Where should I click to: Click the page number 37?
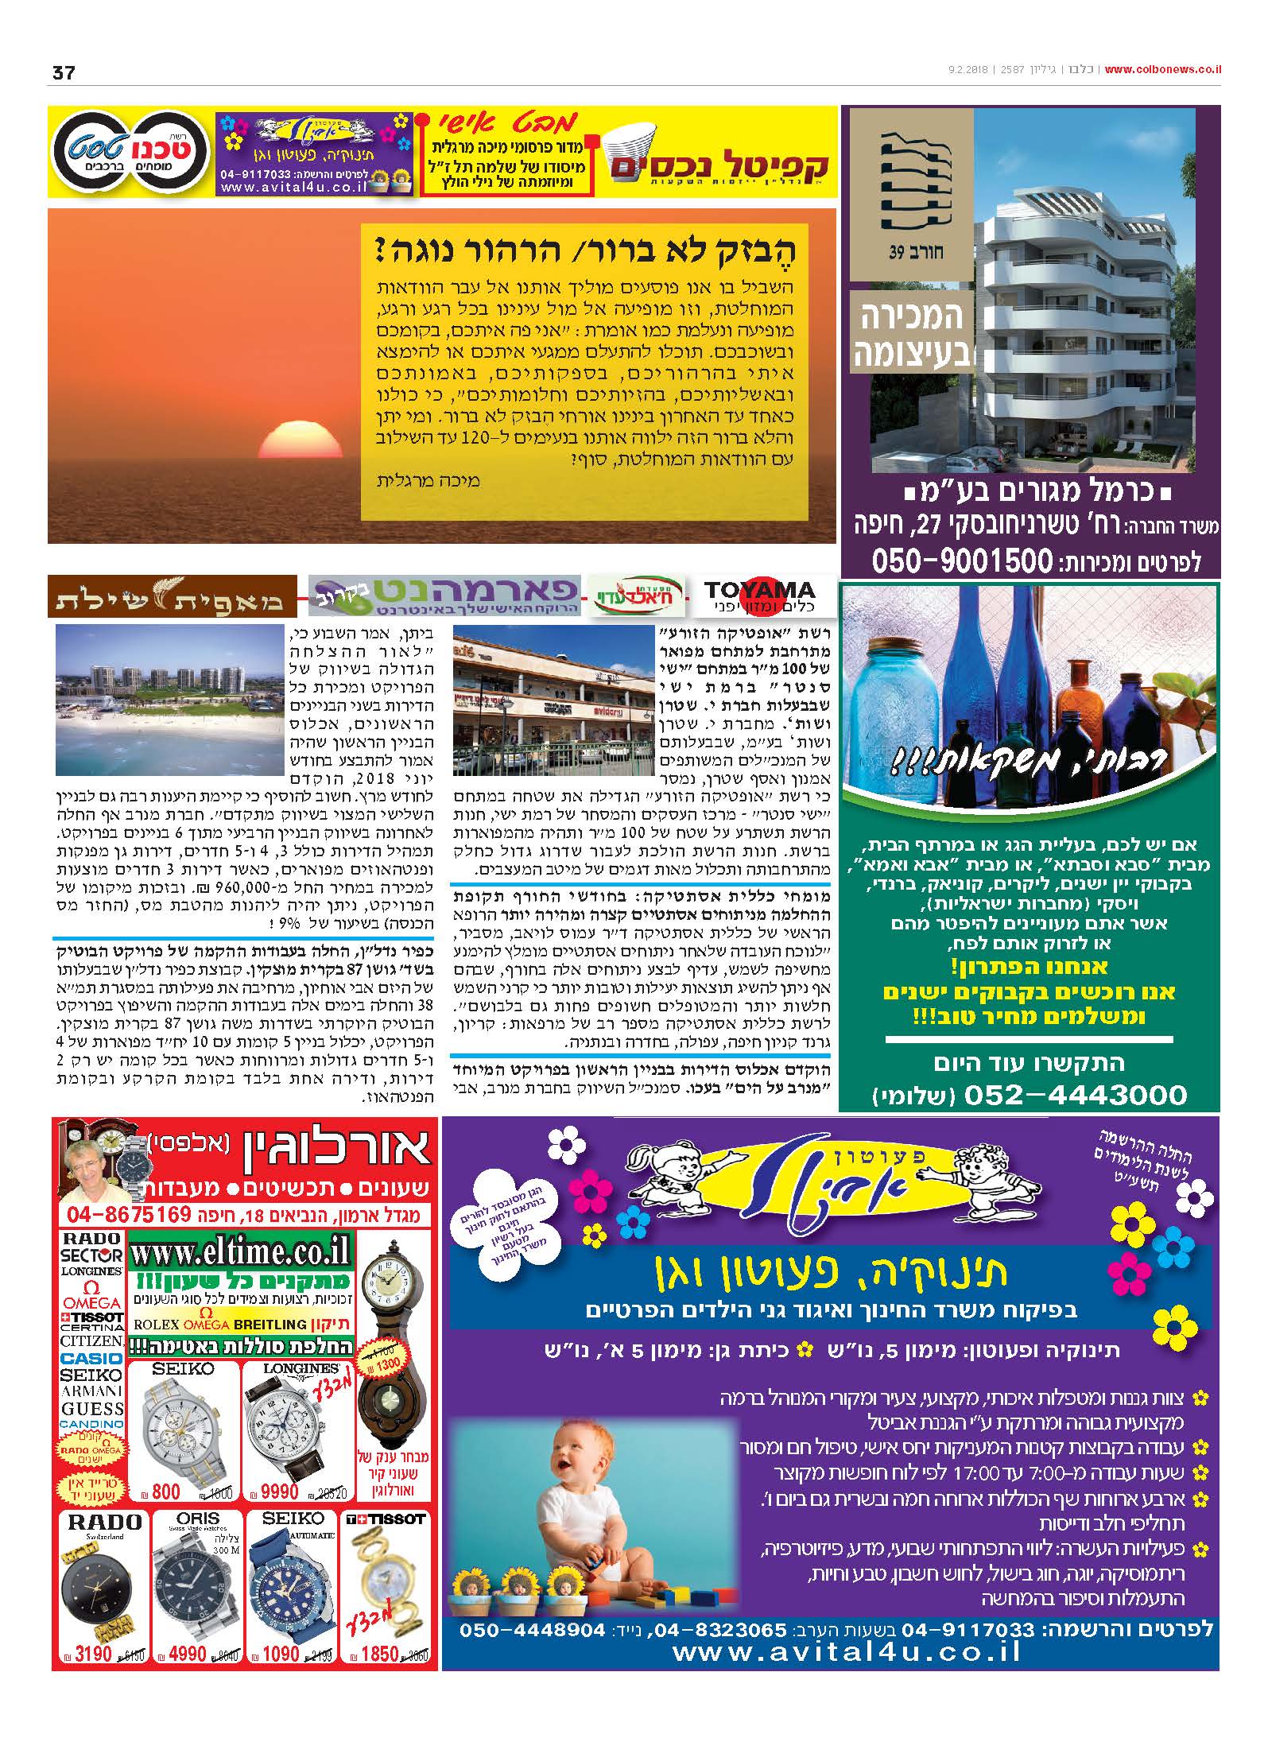[x=63, y=72]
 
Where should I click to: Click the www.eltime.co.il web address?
[x=241, y=1253]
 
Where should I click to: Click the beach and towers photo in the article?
[x=167, y=700]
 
